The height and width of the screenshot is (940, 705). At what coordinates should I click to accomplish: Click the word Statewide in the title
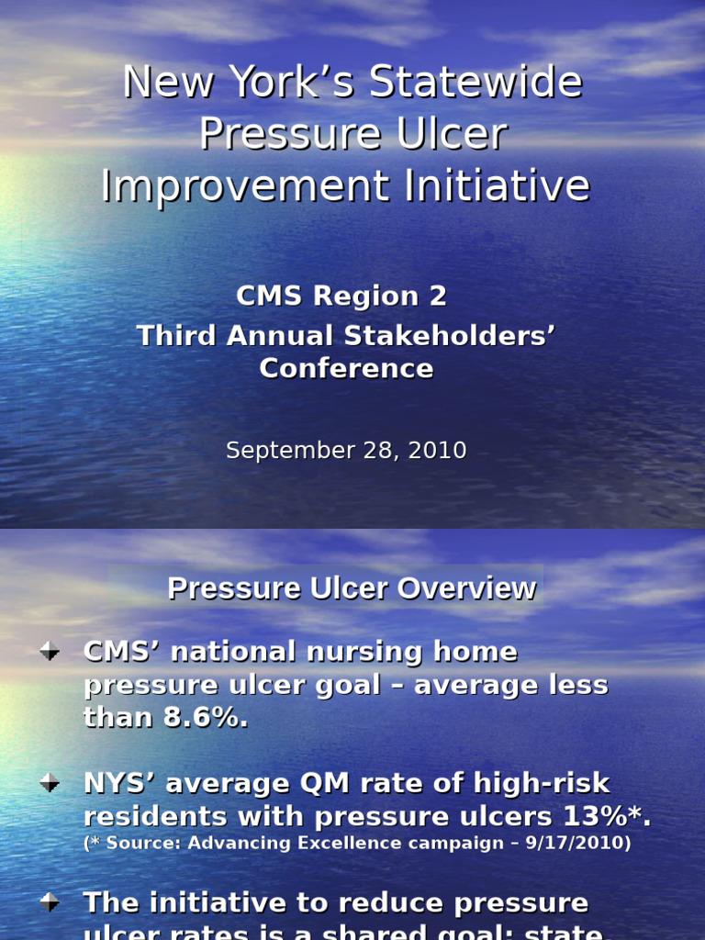pos(476,83)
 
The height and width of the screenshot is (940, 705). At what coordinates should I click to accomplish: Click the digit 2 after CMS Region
pos(438,296)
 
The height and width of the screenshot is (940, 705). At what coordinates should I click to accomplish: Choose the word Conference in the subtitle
pos(346,368)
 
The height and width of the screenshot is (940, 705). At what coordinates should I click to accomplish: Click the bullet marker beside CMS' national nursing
pos(50,652)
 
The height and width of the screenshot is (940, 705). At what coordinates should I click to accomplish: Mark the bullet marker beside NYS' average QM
pos(50,783)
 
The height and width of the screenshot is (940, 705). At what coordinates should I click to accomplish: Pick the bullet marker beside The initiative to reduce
pos(50,902)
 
